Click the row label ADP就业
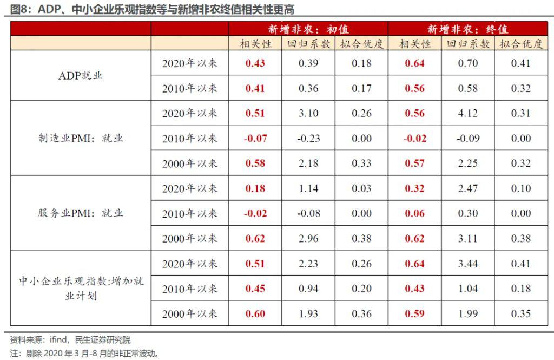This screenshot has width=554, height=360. [x=81, y=76]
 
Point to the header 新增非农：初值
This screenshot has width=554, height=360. [x=308, y=29]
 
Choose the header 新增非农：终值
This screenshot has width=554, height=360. [x=468, y=29]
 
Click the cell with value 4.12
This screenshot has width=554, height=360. [x=468, y=113]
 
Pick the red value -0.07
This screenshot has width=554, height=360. [x=255, y=139]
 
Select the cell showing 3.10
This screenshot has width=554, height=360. [x=308, y=113]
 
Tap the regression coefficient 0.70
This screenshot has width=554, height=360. [x=468, y=63]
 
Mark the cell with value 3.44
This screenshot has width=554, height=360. [x=468, y=264]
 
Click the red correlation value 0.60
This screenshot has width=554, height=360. [x=255, y=314]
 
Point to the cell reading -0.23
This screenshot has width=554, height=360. [x=308, y=139]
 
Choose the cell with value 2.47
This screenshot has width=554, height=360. [x=468, y=188]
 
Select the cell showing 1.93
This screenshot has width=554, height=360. [x=308, y=314]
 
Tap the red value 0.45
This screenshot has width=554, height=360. [x=255, y=289]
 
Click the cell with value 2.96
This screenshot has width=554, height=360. [x=308, y=239]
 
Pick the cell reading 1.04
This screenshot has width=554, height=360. [x=468, y=289]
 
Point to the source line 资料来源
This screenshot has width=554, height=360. [x=70, y=340]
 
